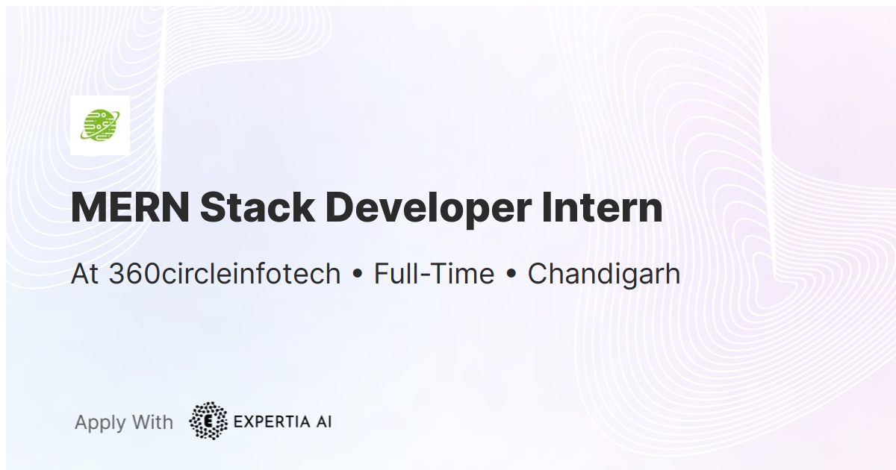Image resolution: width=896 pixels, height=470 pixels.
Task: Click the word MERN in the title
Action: click(129, 208)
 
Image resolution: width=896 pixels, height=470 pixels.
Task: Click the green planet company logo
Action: click(100, 125)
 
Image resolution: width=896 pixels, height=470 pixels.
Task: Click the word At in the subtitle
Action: click(85, 275)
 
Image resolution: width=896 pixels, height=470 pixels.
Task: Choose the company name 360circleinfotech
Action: click(225, 275)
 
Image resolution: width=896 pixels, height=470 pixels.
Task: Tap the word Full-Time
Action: click(434, 275)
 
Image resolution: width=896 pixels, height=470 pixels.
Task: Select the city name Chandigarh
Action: click(603, 275)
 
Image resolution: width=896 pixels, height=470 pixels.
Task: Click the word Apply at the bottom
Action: click(100, 423)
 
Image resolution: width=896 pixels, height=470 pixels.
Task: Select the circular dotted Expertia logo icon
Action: click(209, 422)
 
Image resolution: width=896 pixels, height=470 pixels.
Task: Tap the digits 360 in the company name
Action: click(133, 275)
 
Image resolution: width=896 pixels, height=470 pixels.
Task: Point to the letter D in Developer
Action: click(340, 208)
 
